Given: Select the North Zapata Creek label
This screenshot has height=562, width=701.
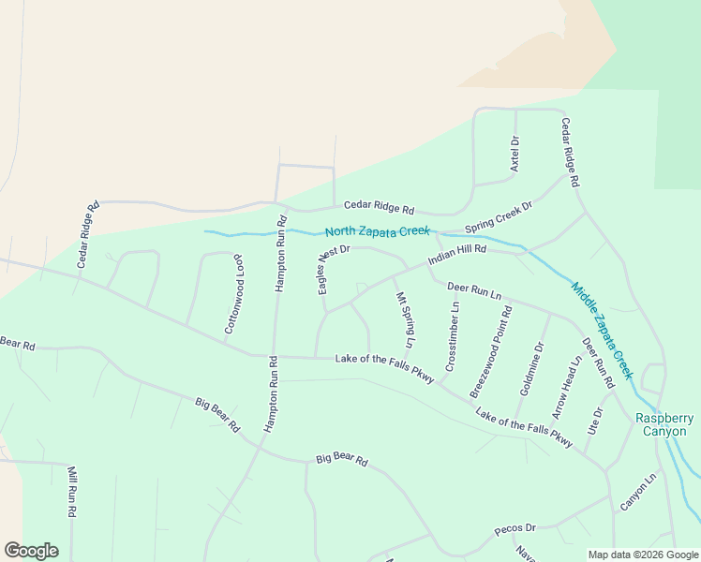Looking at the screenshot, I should [x=377, y=231].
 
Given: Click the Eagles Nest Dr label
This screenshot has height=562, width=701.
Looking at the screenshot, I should [x=332, y=270].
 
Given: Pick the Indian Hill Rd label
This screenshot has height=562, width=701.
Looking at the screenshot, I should [x=457, y=255].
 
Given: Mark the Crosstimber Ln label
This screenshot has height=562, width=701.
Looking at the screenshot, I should [x=452, y=335].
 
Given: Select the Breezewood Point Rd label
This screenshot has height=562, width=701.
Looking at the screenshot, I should [x=492, y=351].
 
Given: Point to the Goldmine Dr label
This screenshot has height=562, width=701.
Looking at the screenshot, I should [x=531, y=368].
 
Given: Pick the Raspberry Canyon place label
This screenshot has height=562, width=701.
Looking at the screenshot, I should [x=664, y=424].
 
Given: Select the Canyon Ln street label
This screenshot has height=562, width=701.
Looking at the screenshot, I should [x=638, y=492].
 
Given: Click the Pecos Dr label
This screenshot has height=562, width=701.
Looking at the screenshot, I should [x=515, y=529].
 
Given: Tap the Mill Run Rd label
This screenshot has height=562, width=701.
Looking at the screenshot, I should [x=70, y=492].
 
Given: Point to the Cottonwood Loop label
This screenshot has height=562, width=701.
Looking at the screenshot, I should [x=233, y=293].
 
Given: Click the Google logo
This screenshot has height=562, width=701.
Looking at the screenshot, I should [x=31, y=550].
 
